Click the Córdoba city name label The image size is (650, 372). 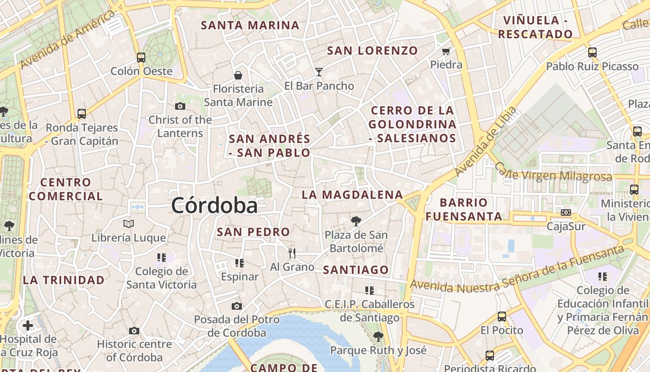coord(214,206)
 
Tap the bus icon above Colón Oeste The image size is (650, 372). coord(141,58)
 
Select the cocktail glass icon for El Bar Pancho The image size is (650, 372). coord(319,72)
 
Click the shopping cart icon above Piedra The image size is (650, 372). coord(446,51)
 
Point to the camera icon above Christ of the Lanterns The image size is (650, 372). coord(180,106)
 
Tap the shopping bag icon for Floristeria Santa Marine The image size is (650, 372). coord(238,75)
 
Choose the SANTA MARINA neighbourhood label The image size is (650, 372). coord(250,26)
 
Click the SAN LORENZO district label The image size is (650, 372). coord(372,51)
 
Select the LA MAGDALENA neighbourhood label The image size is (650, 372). coord(352,195)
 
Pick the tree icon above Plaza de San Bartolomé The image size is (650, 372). coord(356,221)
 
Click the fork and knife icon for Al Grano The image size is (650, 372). coord(292,253)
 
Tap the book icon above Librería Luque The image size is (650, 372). coord(129,224)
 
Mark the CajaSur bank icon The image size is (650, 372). coord(565,213)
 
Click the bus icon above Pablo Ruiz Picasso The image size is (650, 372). coord(592,53)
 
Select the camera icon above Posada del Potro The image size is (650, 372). coord(237,306)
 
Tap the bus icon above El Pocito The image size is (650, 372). coord(502,317)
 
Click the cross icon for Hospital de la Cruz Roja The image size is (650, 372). coord(28,325)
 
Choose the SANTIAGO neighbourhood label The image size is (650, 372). coord(356,270)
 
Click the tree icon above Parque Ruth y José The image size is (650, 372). coord(378,336)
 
